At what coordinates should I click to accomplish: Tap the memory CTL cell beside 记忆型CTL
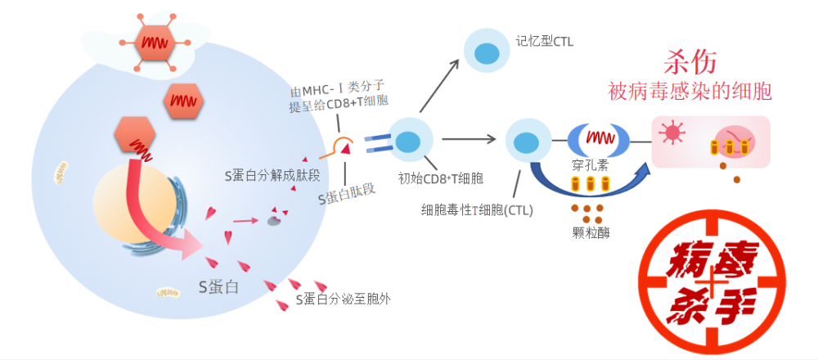(487, 51)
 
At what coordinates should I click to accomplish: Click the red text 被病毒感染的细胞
(690, 91)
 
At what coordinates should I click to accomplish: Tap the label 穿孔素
(589, 164)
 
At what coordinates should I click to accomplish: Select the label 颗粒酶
(589, 232)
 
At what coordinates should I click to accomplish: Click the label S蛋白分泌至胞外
(343, 299)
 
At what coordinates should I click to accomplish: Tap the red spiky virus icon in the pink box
(673, 133)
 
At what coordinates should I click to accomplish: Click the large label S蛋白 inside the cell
(218, 286)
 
